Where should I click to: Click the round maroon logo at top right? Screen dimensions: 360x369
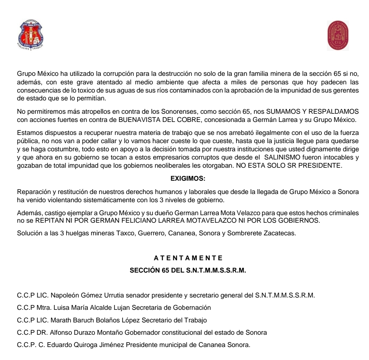(338, 36)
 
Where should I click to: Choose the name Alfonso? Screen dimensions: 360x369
(57, 332)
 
